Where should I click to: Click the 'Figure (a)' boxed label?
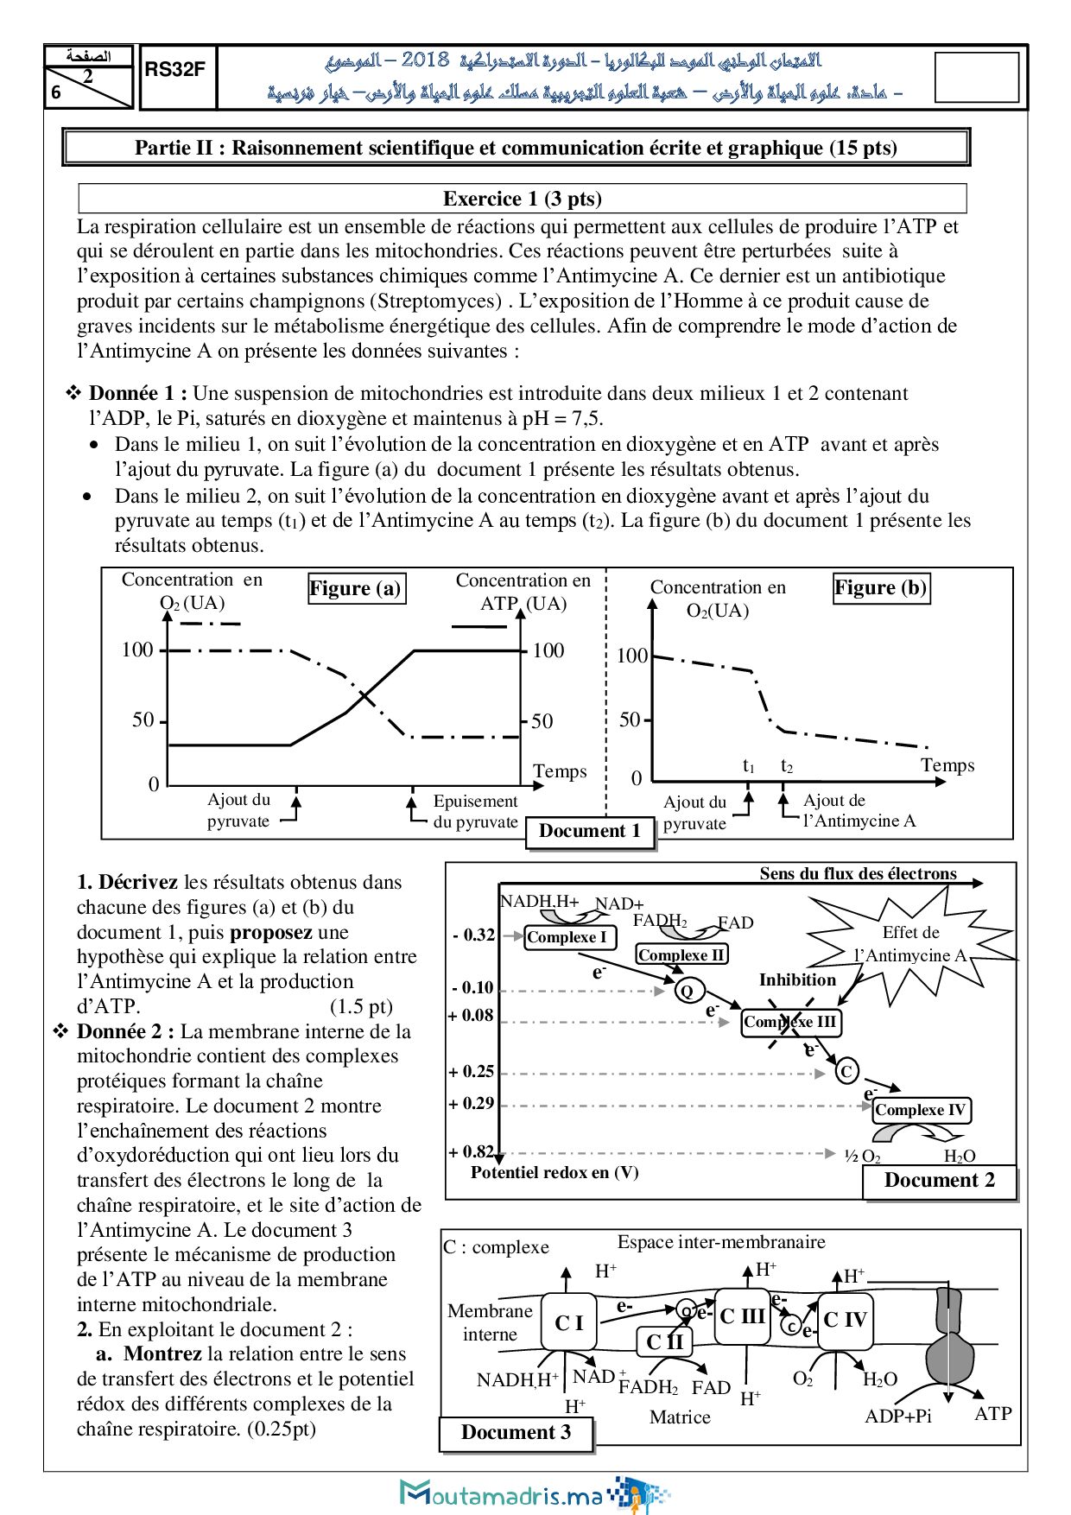(x=355, y=588)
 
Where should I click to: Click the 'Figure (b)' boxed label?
(x=880, y=587)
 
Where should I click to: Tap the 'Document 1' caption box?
(x=590, y=832)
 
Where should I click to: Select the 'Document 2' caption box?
(x=939, y=1181)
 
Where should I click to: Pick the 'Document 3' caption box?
(x=516, y=1432)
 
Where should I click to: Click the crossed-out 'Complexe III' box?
(x=790, y=1022)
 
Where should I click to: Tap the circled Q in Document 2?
(x=687, y=990)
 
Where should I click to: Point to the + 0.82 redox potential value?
(x=471, y=1151)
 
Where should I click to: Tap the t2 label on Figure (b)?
(x=786, y=765)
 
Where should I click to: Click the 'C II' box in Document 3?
(x=664, y=1342)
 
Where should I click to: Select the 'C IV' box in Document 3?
(x=844, y=1319)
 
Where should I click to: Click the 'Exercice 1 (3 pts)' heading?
(x=522, y=199)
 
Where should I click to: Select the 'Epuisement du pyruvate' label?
(x=475, y=811)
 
